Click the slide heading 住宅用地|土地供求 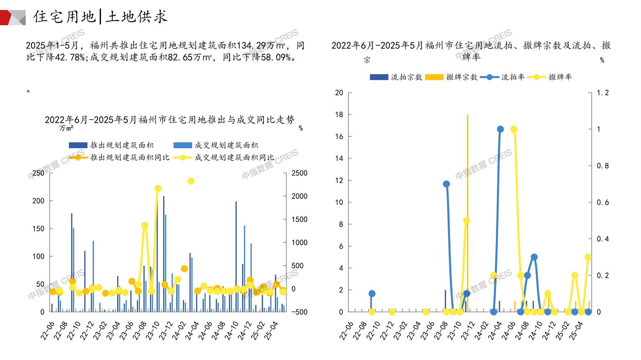click(x=100, y=17)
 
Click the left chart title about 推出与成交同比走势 click(x=170, y=120)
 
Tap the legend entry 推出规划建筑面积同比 click(x=129, y=157)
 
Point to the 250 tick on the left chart click(x=39, y=173)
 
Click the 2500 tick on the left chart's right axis click(x=299, y=173)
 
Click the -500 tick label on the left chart click(x=299, y=312)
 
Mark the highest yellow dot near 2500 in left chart click(x=191, y=181)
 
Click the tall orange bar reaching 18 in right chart click(x=467, y=214)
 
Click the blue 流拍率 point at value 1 click(x=500, y=129)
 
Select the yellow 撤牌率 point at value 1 click(x=514, y=129)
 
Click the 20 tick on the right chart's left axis click(x=339, y=93)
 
